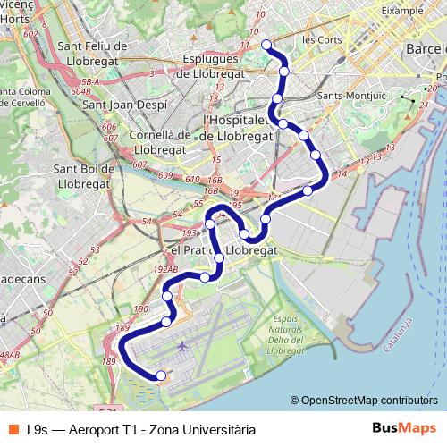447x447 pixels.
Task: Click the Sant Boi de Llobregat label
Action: click(x=83, y=175)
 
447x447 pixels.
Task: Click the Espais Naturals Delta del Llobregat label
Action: click(x=290, y=332)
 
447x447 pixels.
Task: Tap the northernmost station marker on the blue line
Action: click(x=266, y=45)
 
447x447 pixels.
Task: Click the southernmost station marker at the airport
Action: click(x=161, y=375)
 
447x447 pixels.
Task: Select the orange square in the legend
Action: click(x=13, y=429)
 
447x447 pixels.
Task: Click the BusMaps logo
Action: click(x=411, y=428)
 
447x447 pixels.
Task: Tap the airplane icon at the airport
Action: click(x=184, y=345)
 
